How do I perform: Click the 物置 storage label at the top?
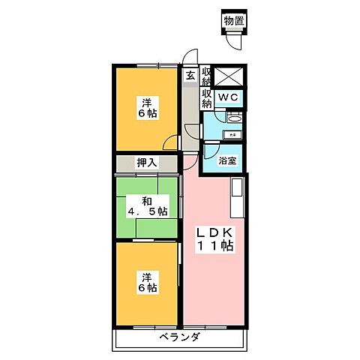click(x=235, y=20)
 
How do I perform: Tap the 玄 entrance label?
click(x=190, y=75)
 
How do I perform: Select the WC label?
click(x=228, y=97)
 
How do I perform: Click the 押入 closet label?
click(x=146, y=162)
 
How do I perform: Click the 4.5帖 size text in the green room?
click(x=147, y=211)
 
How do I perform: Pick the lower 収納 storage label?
click(x=207, y=98)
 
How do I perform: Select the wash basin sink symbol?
click(x=232, y=118)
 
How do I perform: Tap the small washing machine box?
click(x=232, y=134)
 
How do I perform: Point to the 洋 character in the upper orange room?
click(x=147, y=103)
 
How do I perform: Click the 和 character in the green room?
click(x=147, y=199)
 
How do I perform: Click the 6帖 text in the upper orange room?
click(x=147, y=115)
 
